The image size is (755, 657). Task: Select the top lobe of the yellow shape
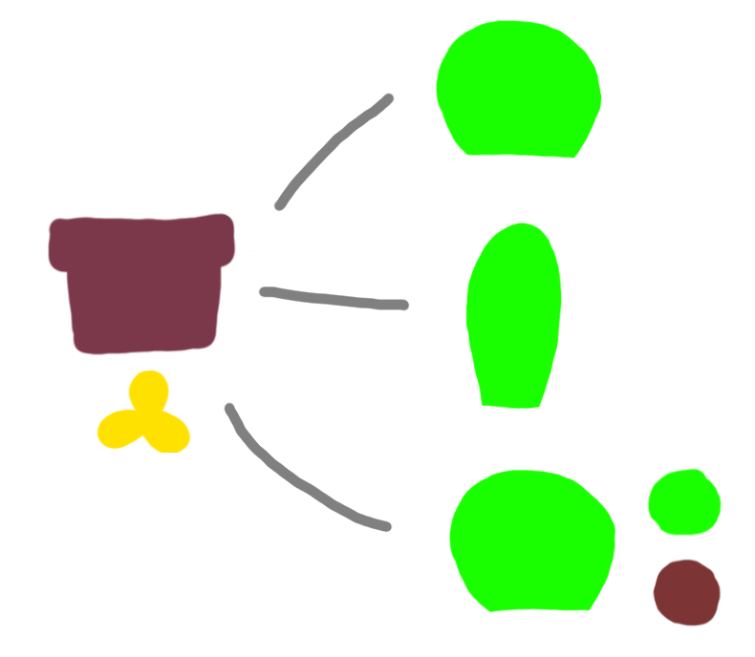[150, 392]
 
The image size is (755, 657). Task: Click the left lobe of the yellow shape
[119, 431]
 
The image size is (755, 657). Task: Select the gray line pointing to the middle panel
[334, 298]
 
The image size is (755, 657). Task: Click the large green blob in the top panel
[516, 91]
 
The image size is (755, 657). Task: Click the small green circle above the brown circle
[683, 502]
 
